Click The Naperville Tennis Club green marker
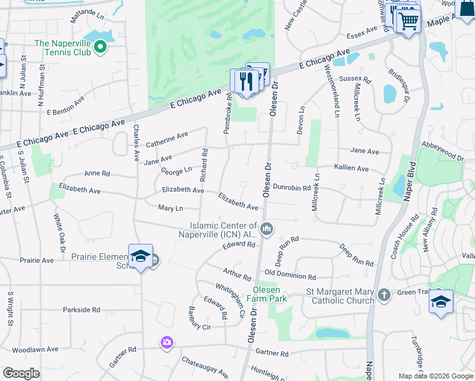[100, 47]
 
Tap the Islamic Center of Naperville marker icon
[267, 228]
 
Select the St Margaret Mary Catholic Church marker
[384, 295]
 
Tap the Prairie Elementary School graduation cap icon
[140, 257]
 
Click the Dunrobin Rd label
[291, 188]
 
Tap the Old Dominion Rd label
[290, 277]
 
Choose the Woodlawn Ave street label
[35, 349]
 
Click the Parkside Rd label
[81, 310]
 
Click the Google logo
[22, 373]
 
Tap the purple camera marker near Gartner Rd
[166, 343]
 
